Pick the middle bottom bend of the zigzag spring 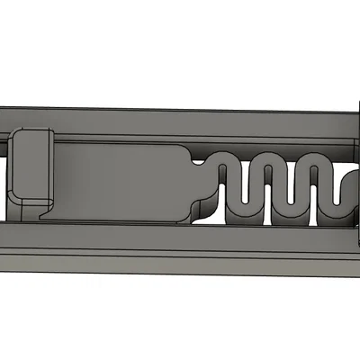tap(288, 216)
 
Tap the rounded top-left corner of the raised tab tap(18, 135)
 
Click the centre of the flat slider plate tap(121, 180)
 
